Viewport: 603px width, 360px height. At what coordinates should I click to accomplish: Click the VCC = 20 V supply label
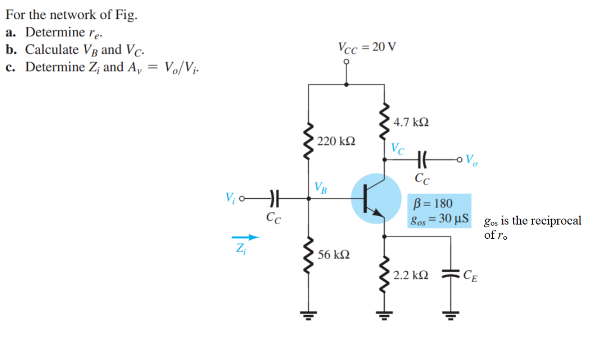367,47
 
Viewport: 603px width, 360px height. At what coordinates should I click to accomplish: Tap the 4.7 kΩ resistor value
411,123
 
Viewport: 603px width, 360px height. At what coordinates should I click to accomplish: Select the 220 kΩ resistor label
336,141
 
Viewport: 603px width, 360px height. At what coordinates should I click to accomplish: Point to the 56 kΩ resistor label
334,255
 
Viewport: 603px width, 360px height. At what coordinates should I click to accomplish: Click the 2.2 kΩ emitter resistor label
411,275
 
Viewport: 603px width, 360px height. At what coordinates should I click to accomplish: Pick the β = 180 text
433,204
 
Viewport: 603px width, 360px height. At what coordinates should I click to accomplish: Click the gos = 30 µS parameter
439,219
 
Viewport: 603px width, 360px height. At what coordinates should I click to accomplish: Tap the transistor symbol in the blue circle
376,198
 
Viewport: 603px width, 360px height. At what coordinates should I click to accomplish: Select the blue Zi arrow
247,237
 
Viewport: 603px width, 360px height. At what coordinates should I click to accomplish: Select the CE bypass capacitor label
470,275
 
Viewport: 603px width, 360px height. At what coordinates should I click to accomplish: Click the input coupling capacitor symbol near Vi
273,199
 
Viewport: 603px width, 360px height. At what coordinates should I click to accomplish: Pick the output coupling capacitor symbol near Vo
422,160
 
